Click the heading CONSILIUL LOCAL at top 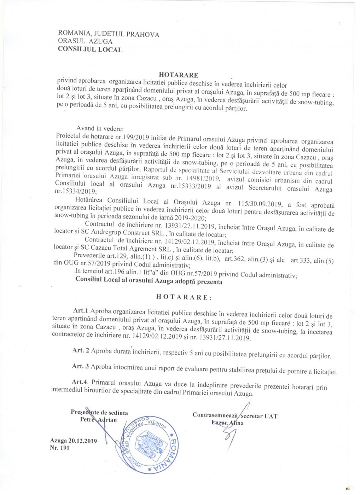tap(90, 49)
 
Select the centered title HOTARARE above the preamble tap(179, 75)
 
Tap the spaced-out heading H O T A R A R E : tap(184, 297)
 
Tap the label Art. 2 tap(81, 350)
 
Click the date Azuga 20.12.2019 tap(74, 441)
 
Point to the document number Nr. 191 tap(60, 448)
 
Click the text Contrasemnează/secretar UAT tap(235, 416)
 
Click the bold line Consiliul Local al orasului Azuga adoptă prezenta tap(149, 282)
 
